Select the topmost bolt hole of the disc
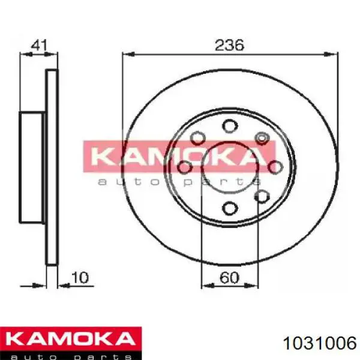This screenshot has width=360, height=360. coord(229,125)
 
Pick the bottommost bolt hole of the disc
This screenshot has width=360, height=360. coord(229,208)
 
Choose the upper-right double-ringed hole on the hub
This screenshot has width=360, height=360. coord(262,138)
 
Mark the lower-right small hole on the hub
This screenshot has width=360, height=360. coord(262,196)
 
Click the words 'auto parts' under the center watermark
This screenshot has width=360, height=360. coord(178,181)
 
